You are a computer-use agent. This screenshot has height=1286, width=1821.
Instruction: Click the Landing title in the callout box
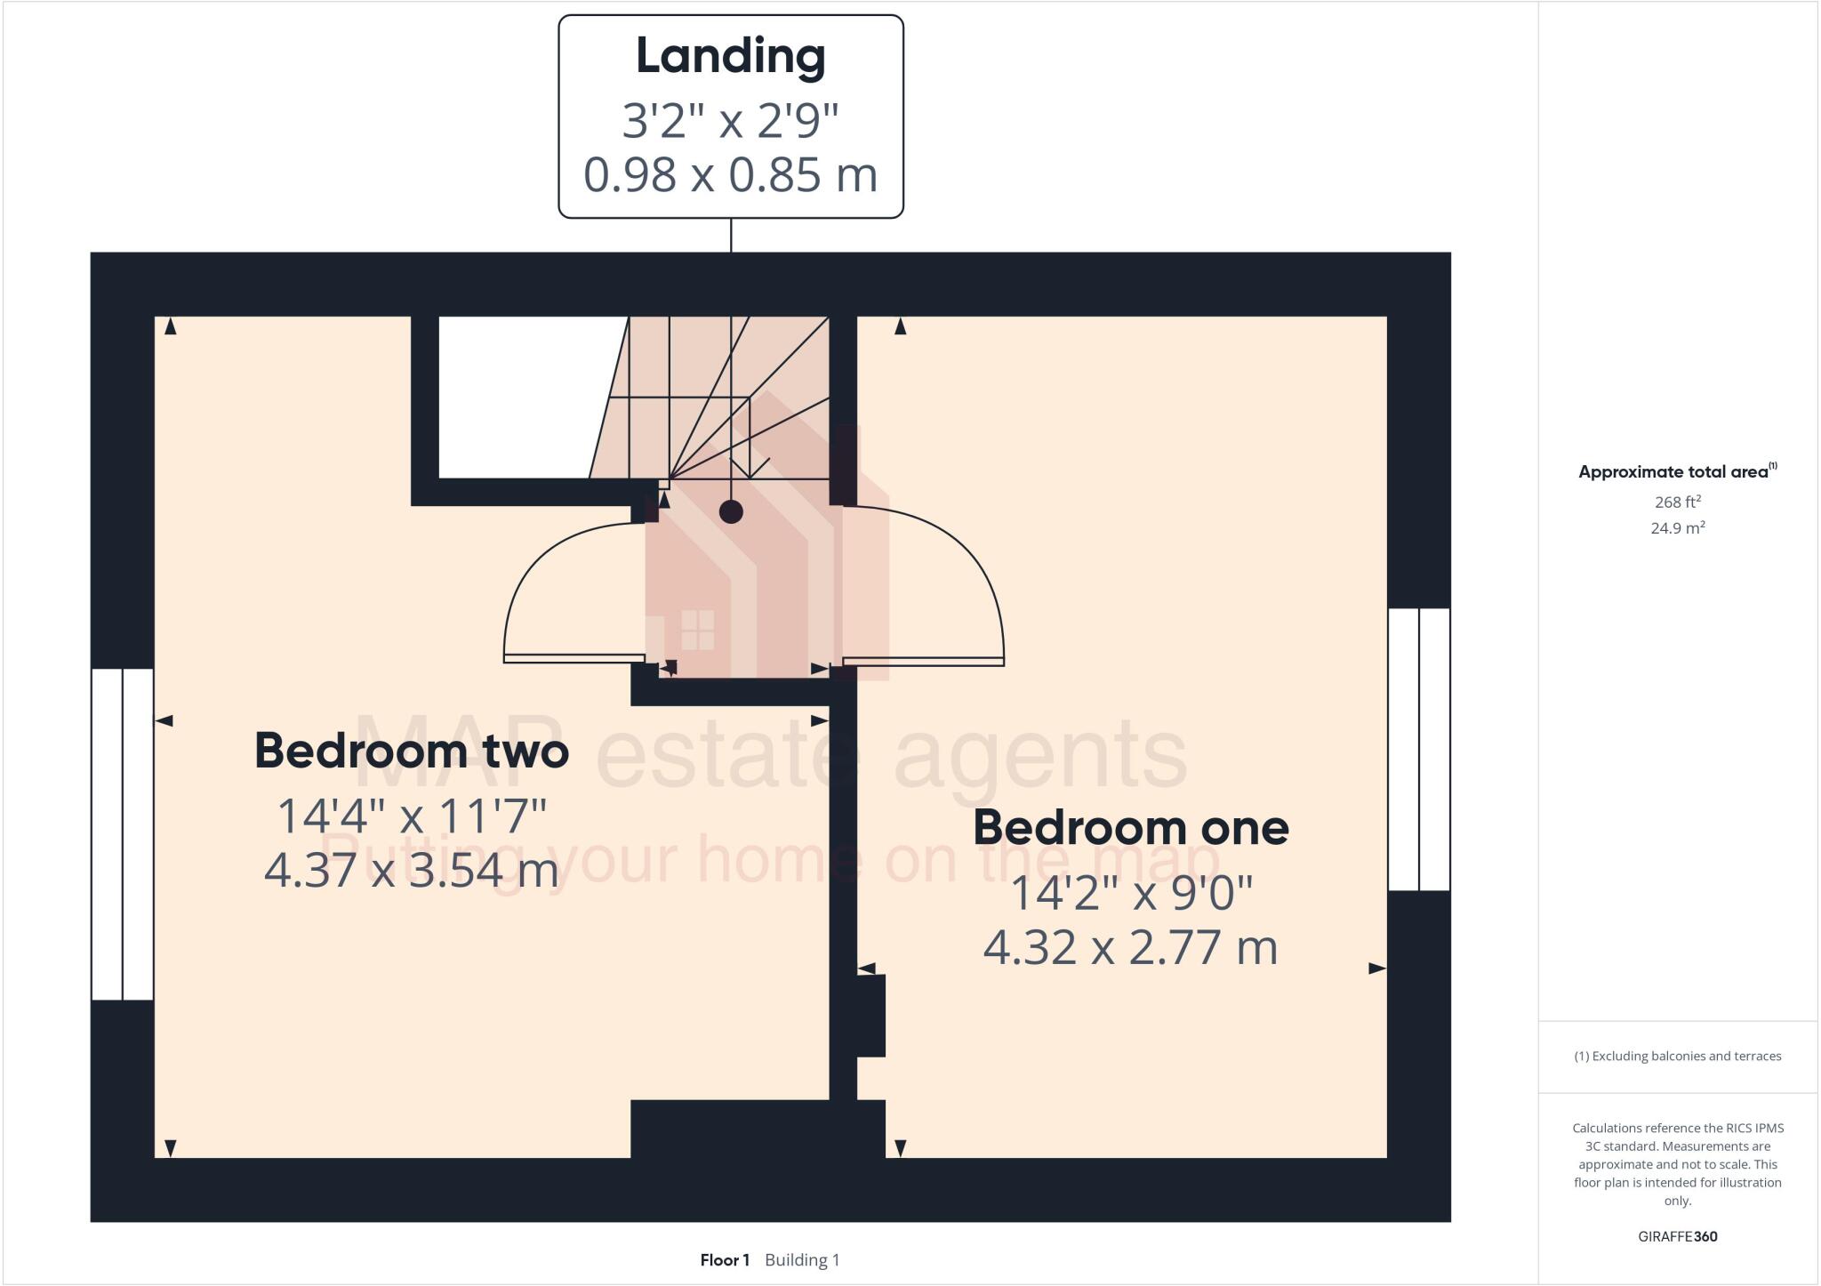(730, 56)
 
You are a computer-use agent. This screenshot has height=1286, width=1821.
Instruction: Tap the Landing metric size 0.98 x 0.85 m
(730, 174)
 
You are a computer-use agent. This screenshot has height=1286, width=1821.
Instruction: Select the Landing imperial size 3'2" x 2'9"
(730, 120)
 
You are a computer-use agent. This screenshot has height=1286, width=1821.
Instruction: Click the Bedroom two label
(411, 751)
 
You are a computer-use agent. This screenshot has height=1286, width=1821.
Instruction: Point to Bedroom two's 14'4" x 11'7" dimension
(412, 816)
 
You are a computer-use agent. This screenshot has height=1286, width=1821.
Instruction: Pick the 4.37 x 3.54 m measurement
(412, 869)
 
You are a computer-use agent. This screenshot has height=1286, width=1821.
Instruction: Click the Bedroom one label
(1130, 828)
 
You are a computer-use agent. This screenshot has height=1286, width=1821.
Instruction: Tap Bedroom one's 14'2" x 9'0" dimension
(1131, 892)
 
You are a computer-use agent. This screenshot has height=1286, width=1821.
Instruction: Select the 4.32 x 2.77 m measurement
(1130, 946)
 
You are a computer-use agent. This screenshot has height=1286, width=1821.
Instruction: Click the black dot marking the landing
(731, 511)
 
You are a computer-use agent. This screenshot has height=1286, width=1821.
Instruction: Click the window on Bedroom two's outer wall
(123, 833)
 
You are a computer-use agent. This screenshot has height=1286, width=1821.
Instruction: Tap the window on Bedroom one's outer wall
(1419, 749)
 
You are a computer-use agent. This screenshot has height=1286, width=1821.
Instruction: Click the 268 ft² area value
(1677, 502)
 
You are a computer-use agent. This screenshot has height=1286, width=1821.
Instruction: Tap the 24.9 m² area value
(1677, 528)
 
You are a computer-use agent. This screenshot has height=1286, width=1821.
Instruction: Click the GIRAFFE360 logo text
(1677, 1236)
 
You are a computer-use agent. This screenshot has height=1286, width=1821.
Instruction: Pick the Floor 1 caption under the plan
(725, 1260)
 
